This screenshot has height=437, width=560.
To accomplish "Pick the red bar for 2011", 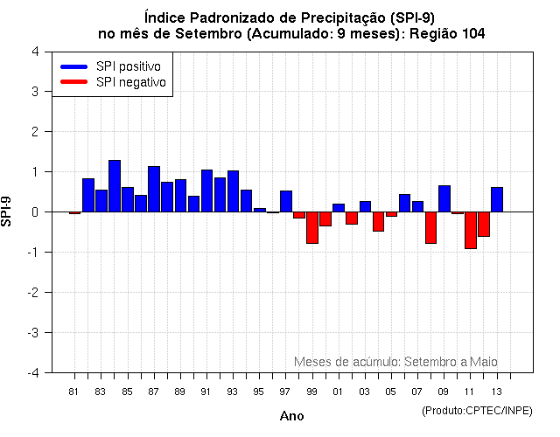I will [x=471, y=230].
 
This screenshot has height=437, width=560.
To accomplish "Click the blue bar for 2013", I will [x=497, y=199].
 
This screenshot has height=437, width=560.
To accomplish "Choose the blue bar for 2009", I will [x=444, y=198].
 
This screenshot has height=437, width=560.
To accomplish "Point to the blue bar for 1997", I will [x=286, y=201].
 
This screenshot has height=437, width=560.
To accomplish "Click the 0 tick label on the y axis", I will [x=34, y=212].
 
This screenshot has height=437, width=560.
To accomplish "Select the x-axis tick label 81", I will [x=74, y=391].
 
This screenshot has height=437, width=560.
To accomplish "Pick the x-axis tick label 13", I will [x=497, y=391].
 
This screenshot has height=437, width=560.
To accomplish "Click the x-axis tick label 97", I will [x=286, y=391].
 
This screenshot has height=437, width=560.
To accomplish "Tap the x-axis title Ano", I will [x=291, y=416].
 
